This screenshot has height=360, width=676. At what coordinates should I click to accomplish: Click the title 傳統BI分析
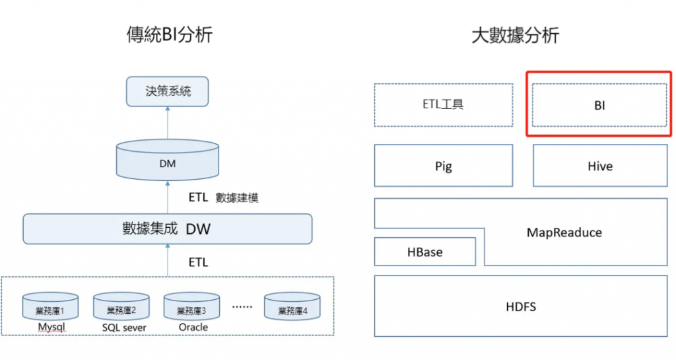(x=169, y=34)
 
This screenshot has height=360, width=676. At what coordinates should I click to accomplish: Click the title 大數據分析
(x=515, y=34)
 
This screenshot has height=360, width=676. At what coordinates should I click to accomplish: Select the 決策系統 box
(x=168, y=91)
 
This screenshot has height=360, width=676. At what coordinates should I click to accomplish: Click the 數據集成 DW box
(x=168, y=229)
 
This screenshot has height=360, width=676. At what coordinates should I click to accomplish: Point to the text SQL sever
(x=124, y=328)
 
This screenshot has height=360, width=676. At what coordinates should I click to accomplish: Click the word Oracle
(x=193, y=328)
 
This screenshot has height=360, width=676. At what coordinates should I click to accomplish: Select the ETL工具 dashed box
(x=443, y=104)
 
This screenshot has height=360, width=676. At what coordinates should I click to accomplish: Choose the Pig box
(x=443, y=166)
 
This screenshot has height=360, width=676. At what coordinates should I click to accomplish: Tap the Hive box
(x=599, y=166)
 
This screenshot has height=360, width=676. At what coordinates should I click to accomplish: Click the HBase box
(x=424, y=252)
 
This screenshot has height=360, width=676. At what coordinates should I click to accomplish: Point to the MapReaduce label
(x=564, y=232)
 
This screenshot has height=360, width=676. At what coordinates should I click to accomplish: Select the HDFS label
(x=521, y=306)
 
